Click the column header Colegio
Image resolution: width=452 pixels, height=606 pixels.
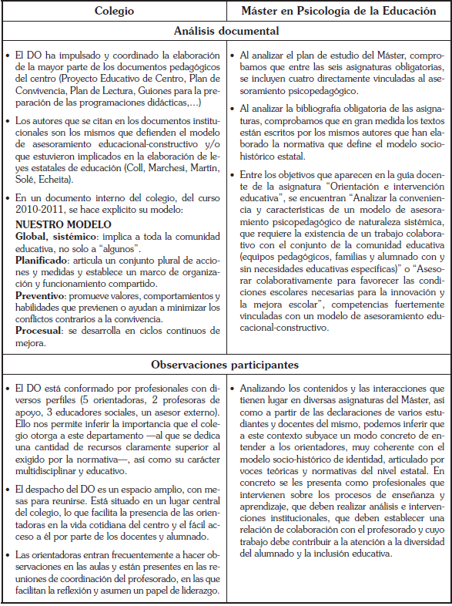pyautogui.click(x=114, y=11)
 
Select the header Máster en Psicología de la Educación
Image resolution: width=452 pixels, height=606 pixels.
pyautogui.click(x=340, y=11)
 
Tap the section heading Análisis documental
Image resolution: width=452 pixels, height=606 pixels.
pyautogui.click(x=226, y=32)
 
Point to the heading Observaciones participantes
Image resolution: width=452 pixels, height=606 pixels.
pyautogui.click(x=226, y=365)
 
